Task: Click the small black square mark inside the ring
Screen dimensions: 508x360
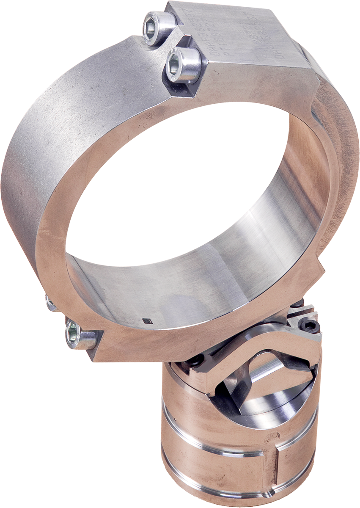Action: coord(146,321)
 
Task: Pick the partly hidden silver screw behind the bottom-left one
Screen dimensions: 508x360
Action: coord(51,303)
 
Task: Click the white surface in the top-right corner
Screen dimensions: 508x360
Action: coord(322,13)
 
